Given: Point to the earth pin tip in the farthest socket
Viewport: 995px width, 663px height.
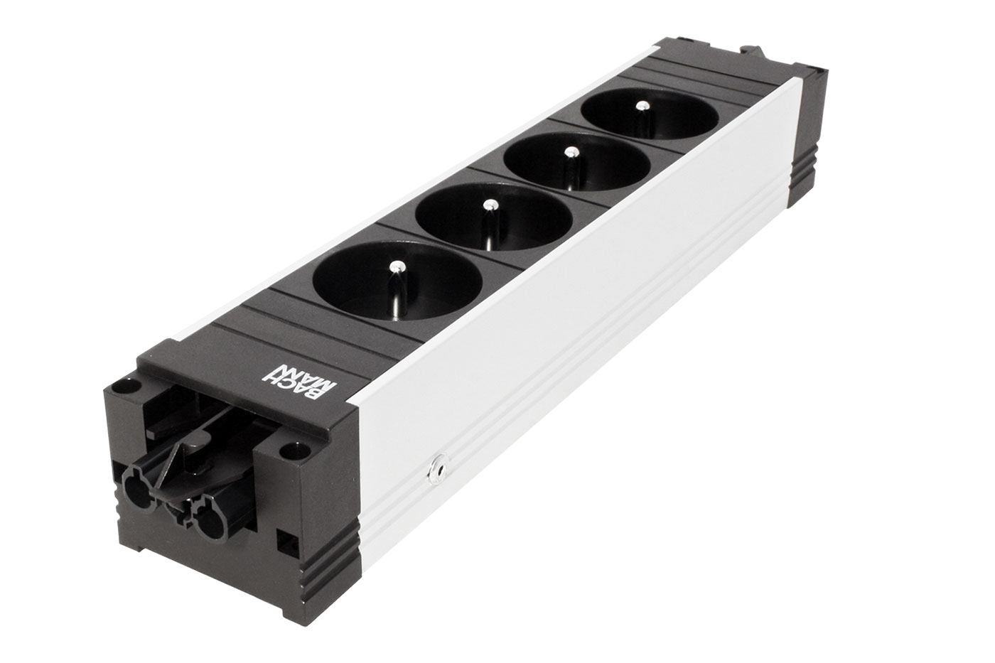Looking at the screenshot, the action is coord(642,106).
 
